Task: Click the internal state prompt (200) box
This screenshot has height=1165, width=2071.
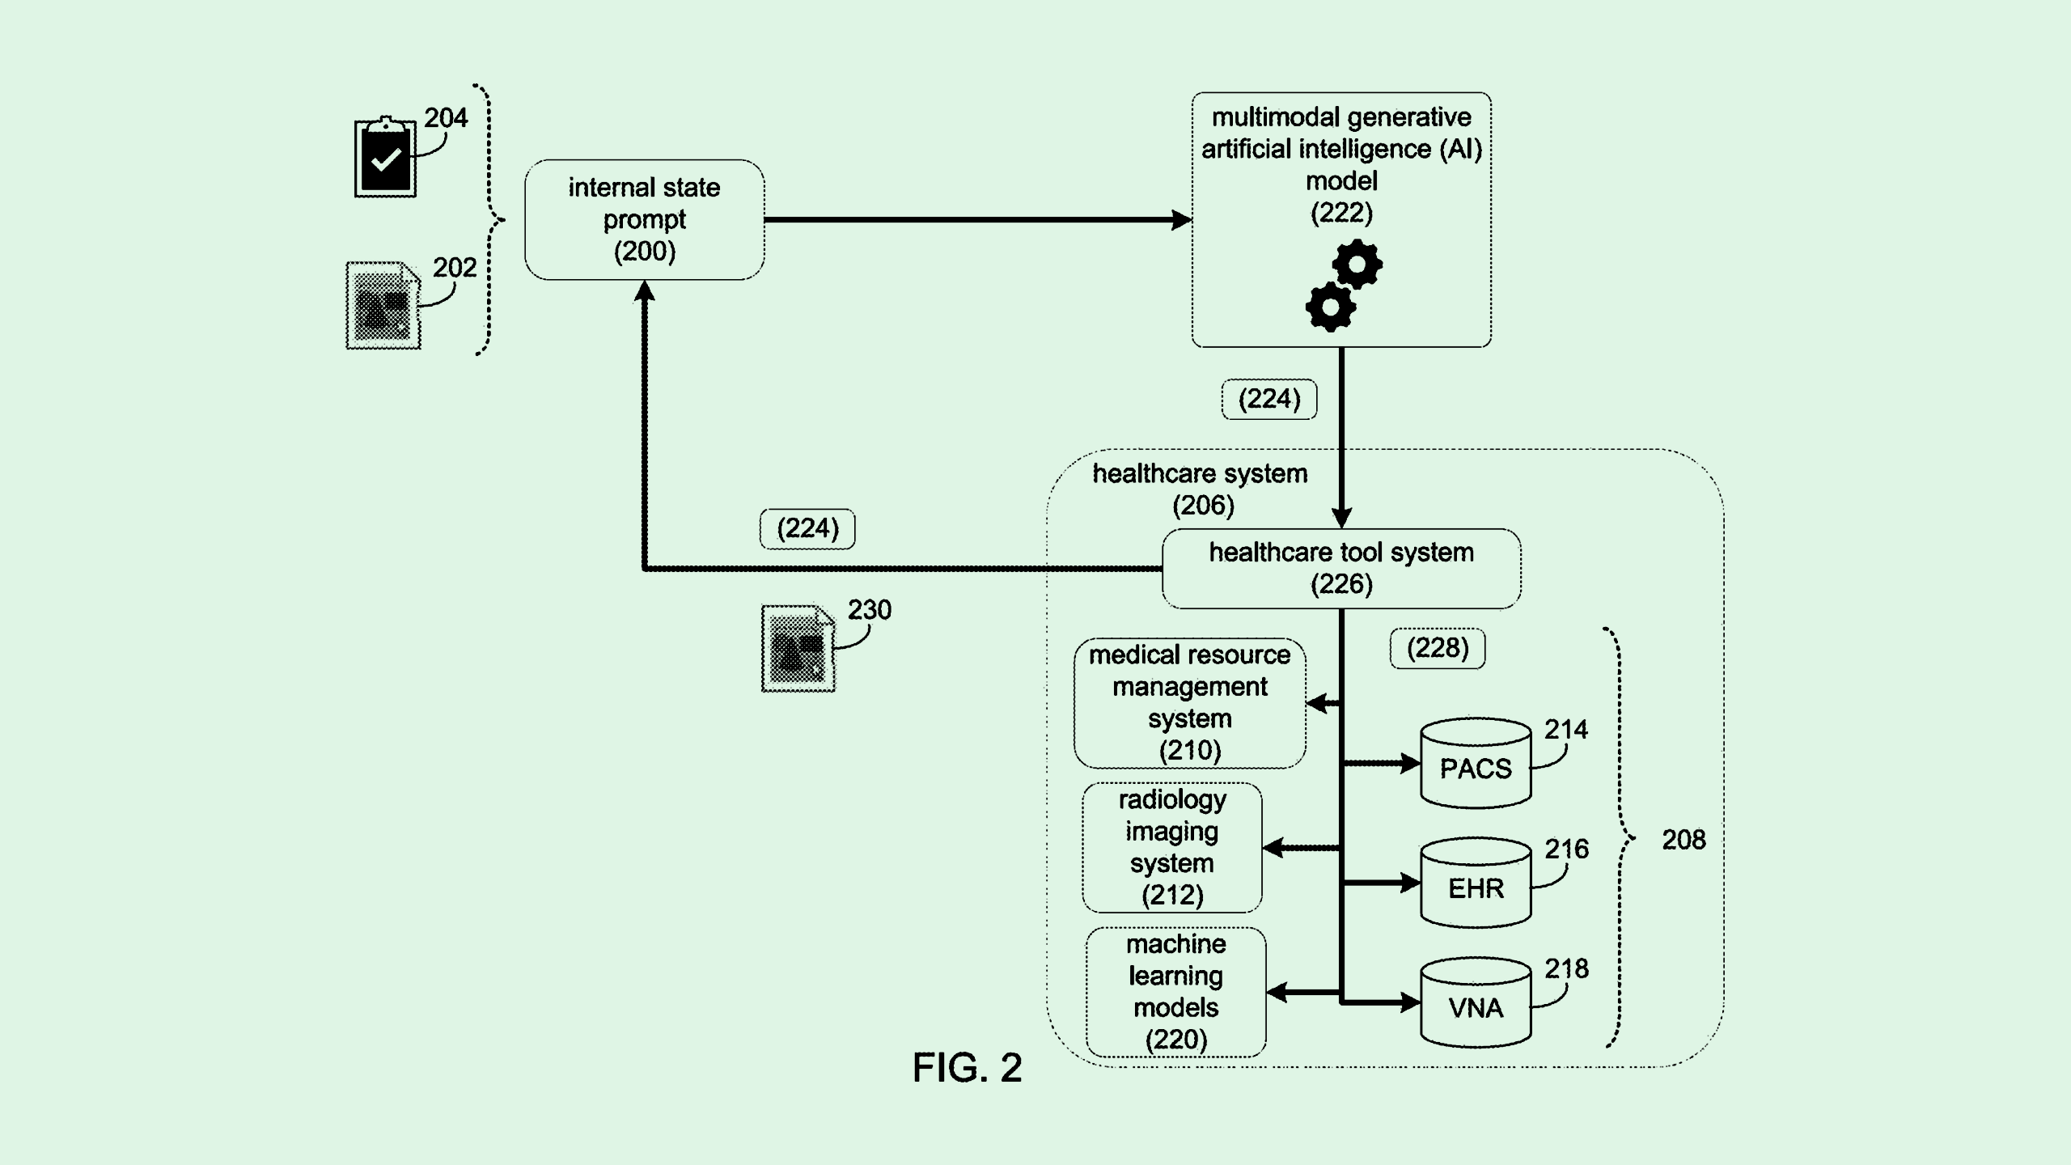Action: [x=644, y=219]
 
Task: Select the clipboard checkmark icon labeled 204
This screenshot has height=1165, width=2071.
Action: [x=385, y=158]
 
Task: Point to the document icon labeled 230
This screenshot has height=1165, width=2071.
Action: [x=798, y=649]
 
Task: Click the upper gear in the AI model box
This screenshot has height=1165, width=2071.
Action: [x=1357, y=264]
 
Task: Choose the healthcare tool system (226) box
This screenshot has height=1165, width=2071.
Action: [x=1341, y=568]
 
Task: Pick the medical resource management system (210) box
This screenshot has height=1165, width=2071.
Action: [x=1189, y=702]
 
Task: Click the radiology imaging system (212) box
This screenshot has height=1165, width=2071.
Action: [x=1171, y=847]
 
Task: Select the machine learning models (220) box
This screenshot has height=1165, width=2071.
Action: [x=1175, y=992]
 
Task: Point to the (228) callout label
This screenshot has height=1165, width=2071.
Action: [x=1438, y=648]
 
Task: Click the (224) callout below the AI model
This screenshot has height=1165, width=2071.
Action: [x=1269, y=399]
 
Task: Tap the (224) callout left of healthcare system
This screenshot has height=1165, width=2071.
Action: [x=807, y=529]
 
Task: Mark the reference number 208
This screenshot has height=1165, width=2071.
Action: [x=1683, y=840]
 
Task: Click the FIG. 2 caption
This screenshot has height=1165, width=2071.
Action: [x=967, y=1068]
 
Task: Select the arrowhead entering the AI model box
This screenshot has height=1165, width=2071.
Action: [x=1181, y=219]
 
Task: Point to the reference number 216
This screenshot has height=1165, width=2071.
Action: [x=1566, y=849]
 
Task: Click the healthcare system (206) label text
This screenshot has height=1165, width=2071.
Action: [x=1201, y=489]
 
